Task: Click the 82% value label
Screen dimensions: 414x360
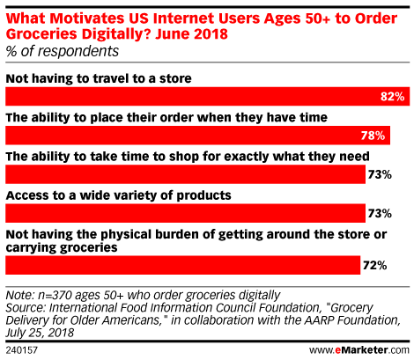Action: [x=393, y=97]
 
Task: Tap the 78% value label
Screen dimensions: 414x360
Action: [x=373, y=136]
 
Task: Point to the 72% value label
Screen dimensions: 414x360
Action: [x=375, y=266]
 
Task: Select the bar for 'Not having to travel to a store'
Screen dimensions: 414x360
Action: [x=208, y=97]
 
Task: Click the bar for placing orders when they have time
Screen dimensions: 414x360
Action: [x=197, y=136]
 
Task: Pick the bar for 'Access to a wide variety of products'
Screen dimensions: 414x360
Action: [x=185, y=213]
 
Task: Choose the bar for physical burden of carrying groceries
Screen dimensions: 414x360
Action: [x=182, y=265]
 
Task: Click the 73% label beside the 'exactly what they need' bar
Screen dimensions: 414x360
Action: [x=380, y=174]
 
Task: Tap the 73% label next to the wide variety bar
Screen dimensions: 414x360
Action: [x=380, y=213]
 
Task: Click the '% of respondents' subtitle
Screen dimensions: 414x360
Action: [x=63, y=51]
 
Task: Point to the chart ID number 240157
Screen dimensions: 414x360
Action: [x=22, y=350]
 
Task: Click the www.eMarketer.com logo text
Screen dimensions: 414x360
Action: [x=359, y=350]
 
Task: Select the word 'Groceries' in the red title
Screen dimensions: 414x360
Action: [x=41, y=33]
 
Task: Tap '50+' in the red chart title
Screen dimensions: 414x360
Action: [x=317, y=18]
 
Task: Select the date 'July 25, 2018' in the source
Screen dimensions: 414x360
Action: [x=40, y=333]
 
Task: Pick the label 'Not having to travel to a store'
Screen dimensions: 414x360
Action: [x=99, y=78]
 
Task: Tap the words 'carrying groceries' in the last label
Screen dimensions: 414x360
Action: [x=62, y=247]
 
